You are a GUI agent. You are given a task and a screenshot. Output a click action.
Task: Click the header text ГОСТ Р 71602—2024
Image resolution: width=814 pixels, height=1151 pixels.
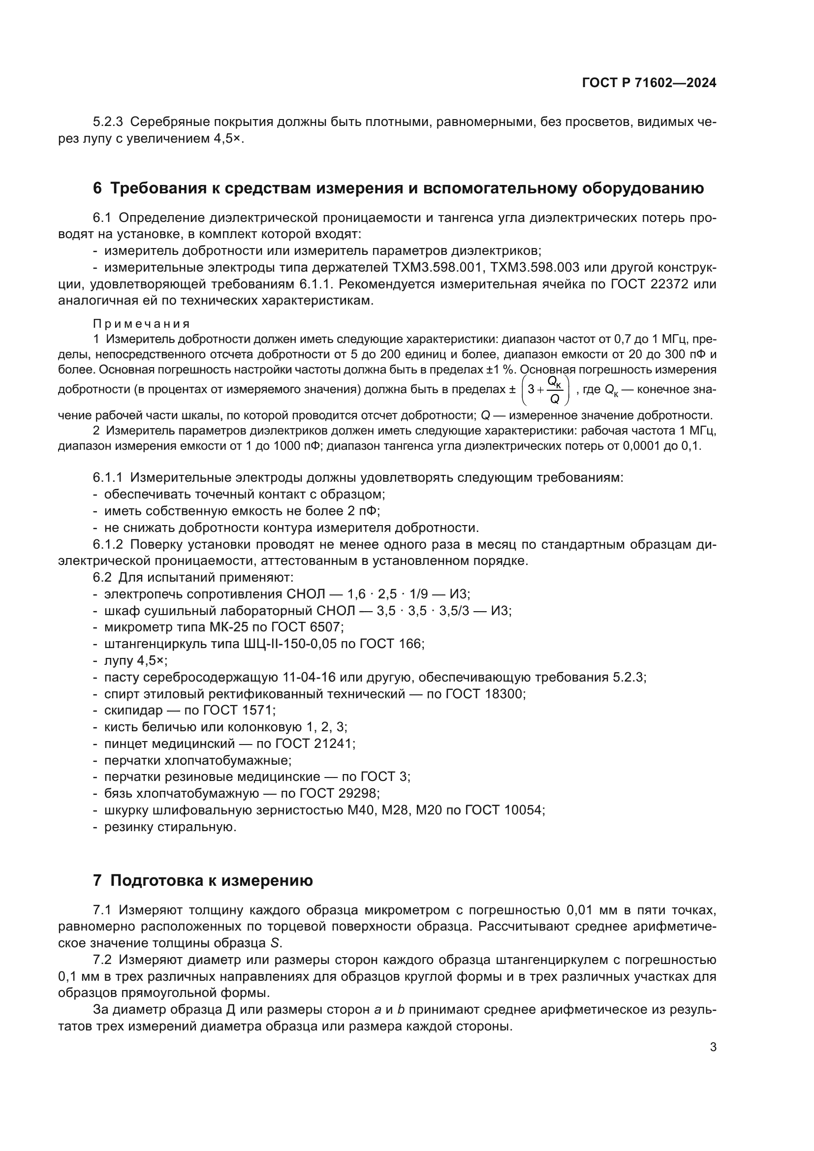[x=649, y=83]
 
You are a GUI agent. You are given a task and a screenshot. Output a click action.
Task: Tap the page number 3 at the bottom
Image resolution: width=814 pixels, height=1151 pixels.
[x=713, y=1047]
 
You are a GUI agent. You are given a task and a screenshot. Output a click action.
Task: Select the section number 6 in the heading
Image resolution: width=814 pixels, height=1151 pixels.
[x=97, y=188]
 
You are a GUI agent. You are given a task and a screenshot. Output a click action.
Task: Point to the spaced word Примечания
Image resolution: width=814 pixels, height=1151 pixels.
[x=141, y=323]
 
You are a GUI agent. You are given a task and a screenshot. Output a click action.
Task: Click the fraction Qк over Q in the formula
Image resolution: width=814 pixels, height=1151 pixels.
[x=554, y=391]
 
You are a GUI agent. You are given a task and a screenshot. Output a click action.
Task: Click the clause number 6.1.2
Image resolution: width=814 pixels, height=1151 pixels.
[x=108, y=544]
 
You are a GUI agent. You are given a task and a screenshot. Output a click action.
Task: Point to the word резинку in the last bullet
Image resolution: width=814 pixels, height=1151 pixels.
[x=128, y=827]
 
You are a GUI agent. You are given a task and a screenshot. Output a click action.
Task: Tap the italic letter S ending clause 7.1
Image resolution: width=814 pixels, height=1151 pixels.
[x=274, y=943]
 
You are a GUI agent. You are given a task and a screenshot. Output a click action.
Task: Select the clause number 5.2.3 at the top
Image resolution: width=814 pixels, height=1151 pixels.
[x=108, y=122]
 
